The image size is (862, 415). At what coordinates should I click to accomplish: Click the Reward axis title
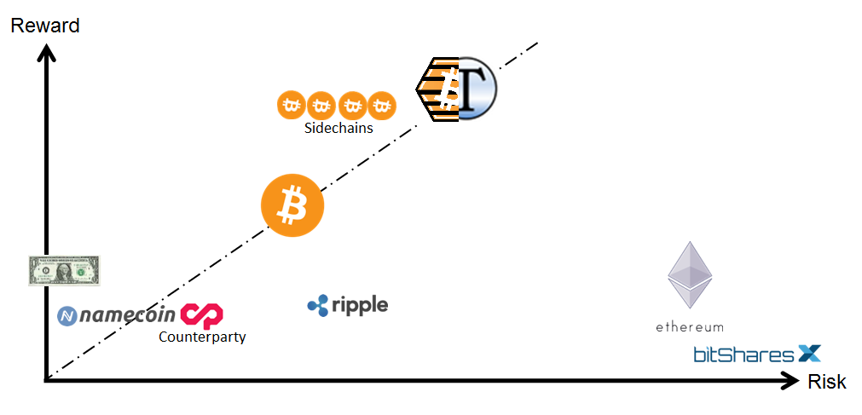44,26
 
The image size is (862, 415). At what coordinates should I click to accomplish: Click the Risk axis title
826,382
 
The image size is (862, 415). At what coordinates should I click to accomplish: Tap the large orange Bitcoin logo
292,205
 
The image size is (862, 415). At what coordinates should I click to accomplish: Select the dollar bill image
65,270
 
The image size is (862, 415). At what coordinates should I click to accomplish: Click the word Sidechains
338,129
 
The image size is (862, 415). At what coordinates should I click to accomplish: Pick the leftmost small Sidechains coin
292,106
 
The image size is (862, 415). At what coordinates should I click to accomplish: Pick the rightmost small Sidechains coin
383,106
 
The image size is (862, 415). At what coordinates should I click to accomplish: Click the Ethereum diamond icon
689,274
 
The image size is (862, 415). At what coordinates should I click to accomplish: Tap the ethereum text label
689,326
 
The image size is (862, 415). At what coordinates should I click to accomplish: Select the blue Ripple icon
318,305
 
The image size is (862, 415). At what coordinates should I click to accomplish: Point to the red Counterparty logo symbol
201,315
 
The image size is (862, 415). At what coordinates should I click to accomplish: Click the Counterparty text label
202,337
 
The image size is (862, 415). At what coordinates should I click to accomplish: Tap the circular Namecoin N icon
68,316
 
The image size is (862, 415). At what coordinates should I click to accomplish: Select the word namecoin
128,316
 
